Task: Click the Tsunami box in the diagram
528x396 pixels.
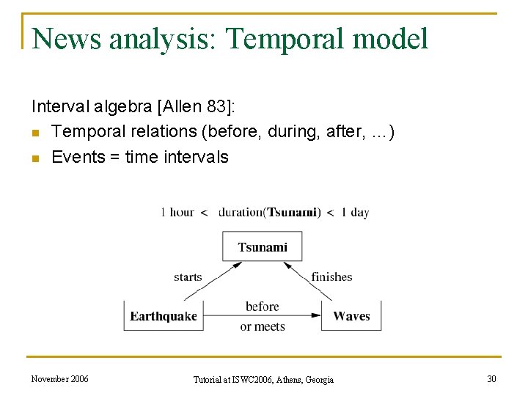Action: point(263,247)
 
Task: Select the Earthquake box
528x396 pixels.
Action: point(164,316)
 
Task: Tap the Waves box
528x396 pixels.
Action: point(351,316)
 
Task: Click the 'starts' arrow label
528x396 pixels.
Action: point(188,277)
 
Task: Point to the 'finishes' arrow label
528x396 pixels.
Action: point(331,277)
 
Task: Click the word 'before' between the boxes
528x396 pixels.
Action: point(263,307)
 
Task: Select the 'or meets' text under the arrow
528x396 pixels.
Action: point(263,326)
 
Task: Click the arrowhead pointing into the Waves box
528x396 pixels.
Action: point(317,316)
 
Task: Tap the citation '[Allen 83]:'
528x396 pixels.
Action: point(197,109)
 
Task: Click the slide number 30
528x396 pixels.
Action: point(491,378)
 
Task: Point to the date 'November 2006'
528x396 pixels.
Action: point(60,378)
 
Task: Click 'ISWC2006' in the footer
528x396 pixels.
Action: point(252,379)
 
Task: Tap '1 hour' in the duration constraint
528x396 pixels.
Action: point(177,213)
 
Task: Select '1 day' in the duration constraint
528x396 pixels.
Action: point(355,213)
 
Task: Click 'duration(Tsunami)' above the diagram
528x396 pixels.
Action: point(269,213)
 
